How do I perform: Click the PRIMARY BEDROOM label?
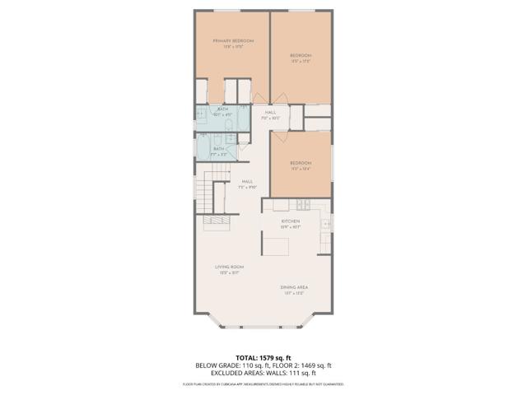click(x=232, y=41)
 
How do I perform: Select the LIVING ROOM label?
click(x=227, y=267)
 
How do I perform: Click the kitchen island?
click(x=277, y=244)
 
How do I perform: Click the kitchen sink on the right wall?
click(x=327, y=223)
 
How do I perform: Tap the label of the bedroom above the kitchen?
click(x=301, y=163)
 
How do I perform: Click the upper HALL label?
click(x=269, y=113)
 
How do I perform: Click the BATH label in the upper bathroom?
click(x=222, y=109)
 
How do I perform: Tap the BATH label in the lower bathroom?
click(x=218, y=148)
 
